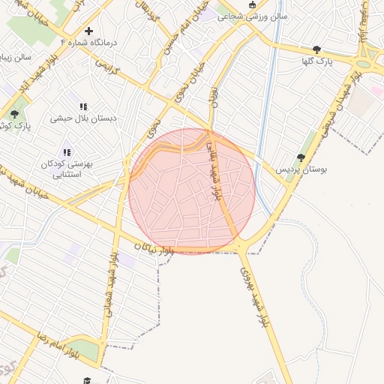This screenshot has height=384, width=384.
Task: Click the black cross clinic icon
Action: tap(89, 31)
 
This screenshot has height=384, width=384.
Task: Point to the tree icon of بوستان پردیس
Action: tap(301, 157)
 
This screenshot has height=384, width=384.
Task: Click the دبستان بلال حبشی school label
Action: tap(82, 118)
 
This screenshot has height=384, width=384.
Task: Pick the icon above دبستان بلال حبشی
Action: tap(83, 106)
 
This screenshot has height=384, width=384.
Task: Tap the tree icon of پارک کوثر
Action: tap(14, 114)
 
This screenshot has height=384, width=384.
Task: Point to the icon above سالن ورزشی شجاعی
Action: tap(223, 12)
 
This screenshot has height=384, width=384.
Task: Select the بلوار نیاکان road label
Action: tap(154, 249)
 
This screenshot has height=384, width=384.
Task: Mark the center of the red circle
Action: tap(192, 190)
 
